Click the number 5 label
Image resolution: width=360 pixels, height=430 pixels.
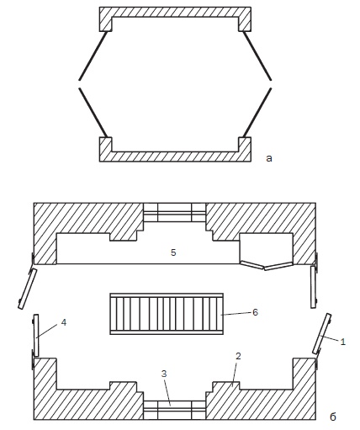[x=173, y=252]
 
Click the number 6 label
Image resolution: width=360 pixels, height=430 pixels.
[x=255, y=312]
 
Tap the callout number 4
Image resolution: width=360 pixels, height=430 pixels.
[x=64, y=323]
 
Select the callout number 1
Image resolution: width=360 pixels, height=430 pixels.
[x=342, y=342]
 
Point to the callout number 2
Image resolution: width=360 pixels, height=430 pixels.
[x=238, y=356]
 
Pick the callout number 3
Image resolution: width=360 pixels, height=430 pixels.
[x=164, y=374]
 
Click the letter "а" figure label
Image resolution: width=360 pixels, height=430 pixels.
[x=269, y=158]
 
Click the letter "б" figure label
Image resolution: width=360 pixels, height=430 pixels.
[x=332, y=417]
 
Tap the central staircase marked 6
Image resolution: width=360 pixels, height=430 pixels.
[x=167, y=314]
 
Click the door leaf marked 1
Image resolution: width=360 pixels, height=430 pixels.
[x=321, y=333]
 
